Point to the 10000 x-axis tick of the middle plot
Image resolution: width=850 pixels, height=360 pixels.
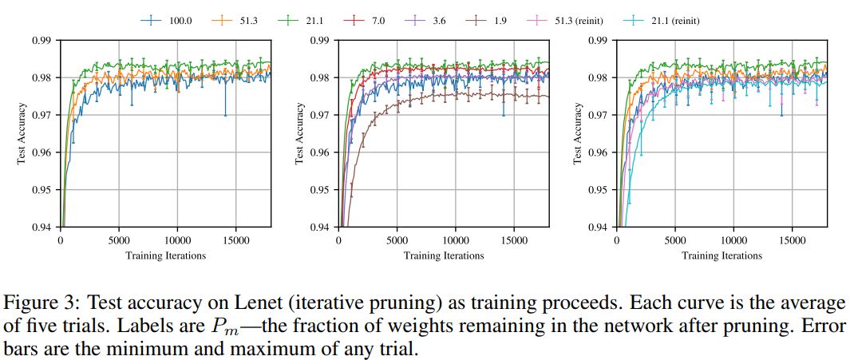click(x=455, y=239)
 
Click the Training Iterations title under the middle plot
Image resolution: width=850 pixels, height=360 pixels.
click(x=444, y=255)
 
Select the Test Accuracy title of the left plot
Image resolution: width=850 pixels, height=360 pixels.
click(x=22, y=133)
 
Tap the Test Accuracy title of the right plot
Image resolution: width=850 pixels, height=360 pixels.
click(x=579, y=133)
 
